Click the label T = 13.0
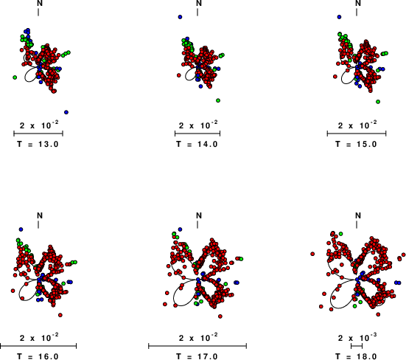38,144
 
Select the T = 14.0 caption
197,144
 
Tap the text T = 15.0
357,144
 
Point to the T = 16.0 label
38,356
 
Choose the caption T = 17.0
197,356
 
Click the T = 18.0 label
357,356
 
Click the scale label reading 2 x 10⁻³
357,337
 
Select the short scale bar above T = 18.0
357,346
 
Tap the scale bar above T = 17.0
197,346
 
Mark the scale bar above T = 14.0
197,134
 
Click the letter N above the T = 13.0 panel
40,3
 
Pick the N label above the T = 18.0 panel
358,215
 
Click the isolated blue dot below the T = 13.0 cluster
66,112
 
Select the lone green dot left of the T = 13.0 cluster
15,77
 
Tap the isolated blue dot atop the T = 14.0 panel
180,17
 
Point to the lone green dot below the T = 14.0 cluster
218,100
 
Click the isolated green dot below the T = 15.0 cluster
378,102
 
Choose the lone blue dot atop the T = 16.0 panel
21,229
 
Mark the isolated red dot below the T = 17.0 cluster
220,316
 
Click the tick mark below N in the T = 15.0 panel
357,13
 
